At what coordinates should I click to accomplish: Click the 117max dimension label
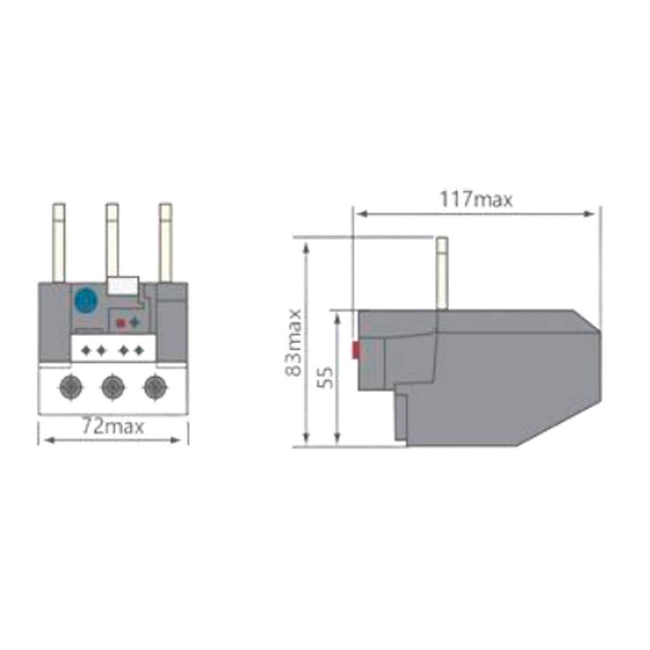pyautogui.click(x=475, y=199)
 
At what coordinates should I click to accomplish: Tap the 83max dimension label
pyautogui.click(x=294, y=342)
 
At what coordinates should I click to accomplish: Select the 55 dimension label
pyautogui.click(x=326, y=377)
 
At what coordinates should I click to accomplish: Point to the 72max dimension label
pyautogui.click(x=113, y=426)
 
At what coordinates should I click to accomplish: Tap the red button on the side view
pyautogui.click(x=356, y=350)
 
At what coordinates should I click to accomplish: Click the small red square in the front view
pyautogui.click(x=121, y=323)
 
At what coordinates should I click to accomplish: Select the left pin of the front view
pyautogui.click(x=59, y=243)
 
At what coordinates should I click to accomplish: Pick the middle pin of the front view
pyautogui.click(x=112, y=240)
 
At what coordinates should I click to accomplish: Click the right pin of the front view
pyautogui.click(x=166, y=243)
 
